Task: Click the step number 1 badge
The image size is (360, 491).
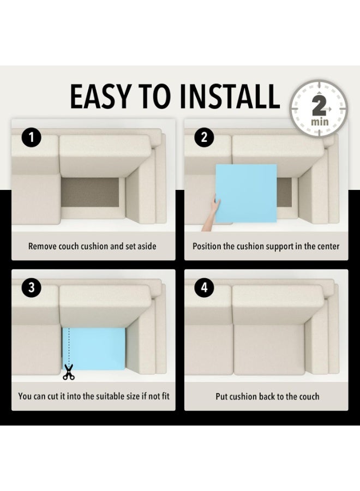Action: (31, 137)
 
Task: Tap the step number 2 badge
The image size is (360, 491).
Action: (204, 137)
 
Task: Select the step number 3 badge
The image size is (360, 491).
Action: (31, 288)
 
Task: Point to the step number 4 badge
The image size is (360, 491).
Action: (204, 288)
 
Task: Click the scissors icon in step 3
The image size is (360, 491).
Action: (69, 372)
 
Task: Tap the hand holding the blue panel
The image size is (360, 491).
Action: (211, 212)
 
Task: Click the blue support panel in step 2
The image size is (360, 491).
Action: (246, 193)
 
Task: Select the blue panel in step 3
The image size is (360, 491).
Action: (94, 349)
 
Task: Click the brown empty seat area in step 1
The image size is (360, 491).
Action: (90, 193)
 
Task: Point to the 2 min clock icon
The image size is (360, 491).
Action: (319, 108)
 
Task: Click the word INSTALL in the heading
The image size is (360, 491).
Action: (230, 97)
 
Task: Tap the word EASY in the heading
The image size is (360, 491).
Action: (100, 97)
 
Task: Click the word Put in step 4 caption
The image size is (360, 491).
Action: (221, 397)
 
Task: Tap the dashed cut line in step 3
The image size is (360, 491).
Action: (69, 346)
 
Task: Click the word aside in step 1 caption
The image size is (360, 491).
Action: (147, 246)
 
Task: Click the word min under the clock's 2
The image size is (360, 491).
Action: (320, 121)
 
